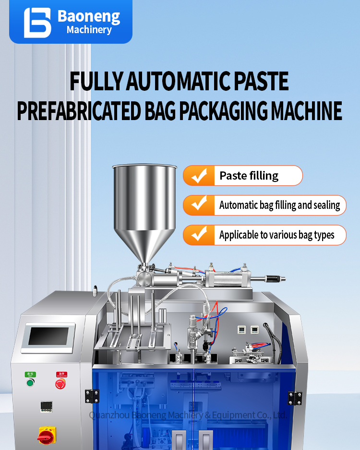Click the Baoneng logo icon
pos(37,22)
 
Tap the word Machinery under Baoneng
pos(89,30)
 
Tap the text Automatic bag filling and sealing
pos(279,206)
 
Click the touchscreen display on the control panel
pos(51,336)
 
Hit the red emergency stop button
pos(60,383)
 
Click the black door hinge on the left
pos(89,396)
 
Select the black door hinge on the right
pos(295,398)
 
